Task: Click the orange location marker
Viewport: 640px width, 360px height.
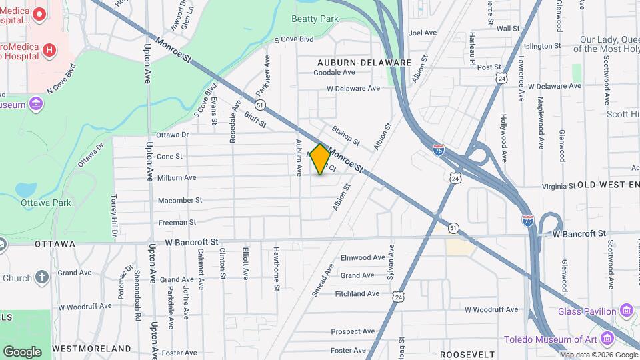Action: pos(321,159)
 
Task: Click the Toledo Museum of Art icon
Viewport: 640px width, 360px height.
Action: pos(607,339)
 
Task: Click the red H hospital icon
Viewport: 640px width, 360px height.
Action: pos(49,50)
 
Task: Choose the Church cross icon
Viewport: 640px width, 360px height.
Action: pos(42,277)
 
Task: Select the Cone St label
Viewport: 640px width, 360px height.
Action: pos(169,157)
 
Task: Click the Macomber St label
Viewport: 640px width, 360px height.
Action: pos(180,200)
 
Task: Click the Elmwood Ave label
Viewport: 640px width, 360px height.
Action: pos(363,257)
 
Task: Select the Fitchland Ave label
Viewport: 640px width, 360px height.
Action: pos(357,293)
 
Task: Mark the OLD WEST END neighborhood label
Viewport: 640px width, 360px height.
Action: pos(608,184)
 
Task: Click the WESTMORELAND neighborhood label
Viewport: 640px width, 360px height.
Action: pos(91,349)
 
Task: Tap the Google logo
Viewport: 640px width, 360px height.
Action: pos(22,352)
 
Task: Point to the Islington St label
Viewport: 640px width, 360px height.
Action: pos(542,46)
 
